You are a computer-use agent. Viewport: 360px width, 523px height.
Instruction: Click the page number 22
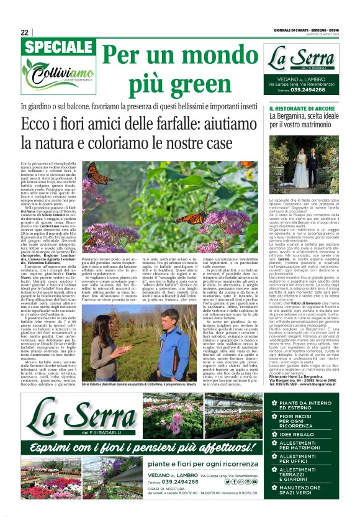point(24,32)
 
